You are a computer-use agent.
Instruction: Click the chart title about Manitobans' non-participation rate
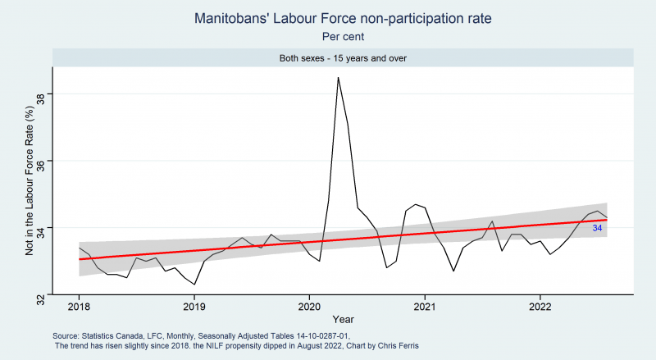click(x=343, y=18)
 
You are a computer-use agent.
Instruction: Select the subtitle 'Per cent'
click(x=343, y=37)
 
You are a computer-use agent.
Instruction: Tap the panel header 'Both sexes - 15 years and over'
click(x=343, y=58)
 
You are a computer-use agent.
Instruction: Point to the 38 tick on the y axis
click(x=40, y=93)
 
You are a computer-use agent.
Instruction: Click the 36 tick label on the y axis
click(x=40, y=161)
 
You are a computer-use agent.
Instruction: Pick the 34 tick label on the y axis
click(x=40, y=228)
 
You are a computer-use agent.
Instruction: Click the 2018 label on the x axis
click(x=79, y=307)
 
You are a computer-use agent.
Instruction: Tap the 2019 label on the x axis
click(x=194, y=307)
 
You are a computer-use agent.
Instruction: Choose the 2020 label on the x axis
click(x=309, y=307)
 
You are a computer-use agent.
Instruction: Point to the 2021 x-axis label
click(x=425, y=307)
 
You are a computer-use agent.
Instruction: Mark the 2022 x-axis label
click(x=540, y=307)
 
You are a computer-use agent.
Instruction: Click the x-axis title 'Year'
click(x=343, y=319)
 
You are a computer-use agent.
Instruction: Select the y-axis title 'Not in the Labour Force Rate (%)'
click(x=29, y=181)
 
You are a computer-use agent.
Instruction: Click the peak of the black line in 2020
click(x=338, y=77)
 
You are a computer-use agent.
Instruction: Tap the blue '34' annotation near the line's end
click(x=597, y=228)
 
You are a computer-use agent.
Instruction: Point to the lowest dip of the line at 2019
click(x=194, y=285)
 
